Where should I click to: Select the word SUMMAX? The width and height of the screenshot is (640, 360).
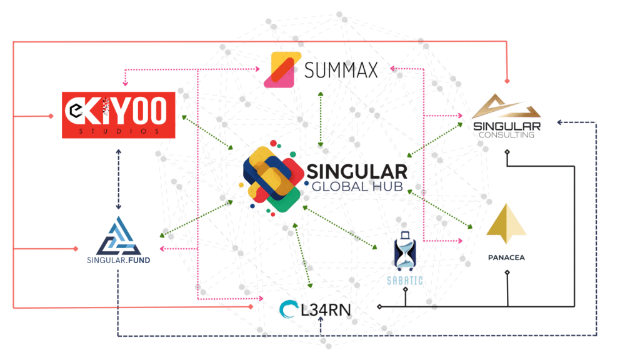[341, 70]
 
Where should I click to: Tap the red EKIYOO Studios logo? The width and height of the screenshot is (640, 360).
[119, 114]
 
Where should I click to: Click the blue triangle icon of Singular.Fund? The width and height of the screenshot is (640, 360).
[119, 235]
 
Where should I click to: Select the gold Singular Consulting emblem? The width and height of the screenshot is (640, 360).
[506, 111]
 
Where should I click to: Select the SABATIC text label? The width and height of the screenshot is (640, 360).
[406, 281]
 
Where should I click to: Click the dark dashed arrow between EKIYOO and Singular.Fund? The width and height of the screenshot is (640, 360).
[118, 179]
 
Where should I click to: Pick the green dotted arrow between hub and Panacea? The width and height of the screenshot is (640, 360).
[441, 208]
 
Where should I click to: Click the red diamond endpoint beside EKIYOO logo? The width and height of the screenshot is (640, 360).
[51, 116]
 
